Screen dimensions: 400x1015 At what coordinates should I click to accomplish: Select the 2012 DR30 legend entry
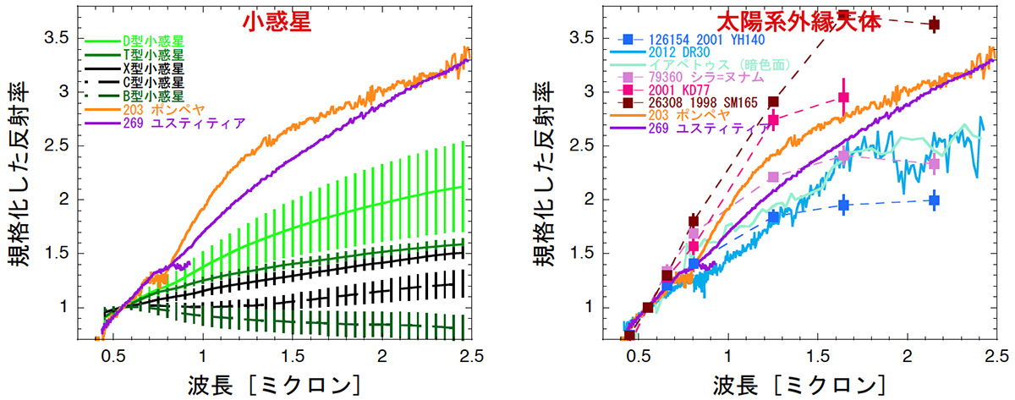[x=680, y=54]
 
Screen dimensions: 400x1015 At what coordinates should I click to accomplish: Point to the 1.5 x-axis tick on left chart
[x=293, y=355]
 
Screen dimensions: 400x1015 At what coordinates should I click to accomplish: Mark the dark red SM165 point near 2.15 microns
[x=934, y=25]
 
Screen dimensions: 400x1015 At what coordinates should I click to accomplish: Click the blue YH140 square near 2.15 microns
[x=934, y=200]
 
